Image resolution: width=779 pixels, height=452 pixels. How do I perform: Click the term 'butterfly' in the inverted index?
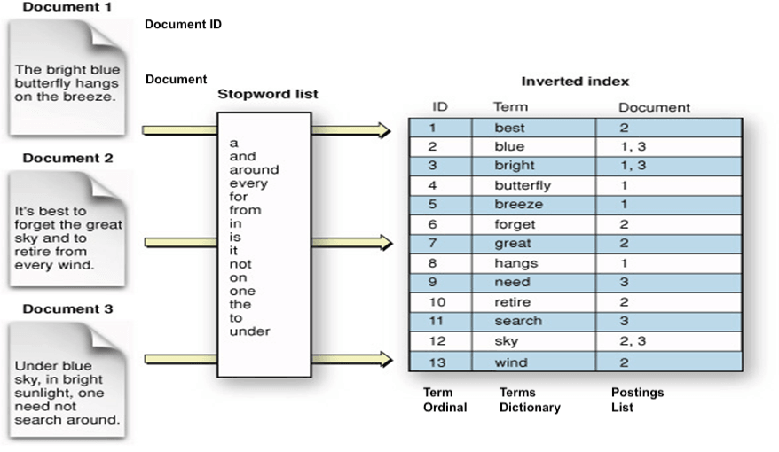point(523,185)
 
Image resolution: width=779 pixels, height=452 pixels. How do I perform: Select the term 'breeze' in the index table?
point(518,205)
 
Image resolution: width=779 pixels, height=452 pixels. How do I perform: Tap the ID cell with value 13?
point(437,362)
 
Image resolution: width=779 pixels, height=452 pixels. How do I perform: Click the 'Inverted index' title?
point(574,81)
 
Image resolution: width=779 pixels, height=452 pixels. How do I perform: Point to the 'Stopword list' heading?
point(268,94)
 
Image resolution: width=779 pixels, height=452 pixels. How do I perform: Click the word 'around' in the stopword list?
point(254,169)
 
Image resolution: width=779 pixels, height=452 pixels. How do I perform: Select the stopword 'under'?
point(249,331)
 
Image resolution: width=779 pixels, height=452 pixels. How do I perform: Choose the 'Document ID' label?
point(183,25)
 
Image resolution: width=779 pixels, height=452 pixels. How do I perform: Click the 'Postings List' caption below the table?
point(637,400)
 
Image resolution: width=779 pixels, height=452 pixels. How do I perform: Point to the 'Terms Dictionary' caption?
point(530,400)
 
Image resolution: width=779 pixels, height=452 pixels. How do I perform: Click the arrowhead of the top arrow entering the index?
point(383,130)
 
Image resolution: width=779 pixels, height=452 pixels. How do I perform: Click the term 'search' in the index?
point(518,321)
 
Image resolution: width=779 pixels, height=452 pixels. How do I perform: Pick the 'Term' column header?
point(509,107)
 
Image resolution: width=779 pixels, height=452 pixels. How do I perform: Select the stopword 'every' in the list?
point(248,183)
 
